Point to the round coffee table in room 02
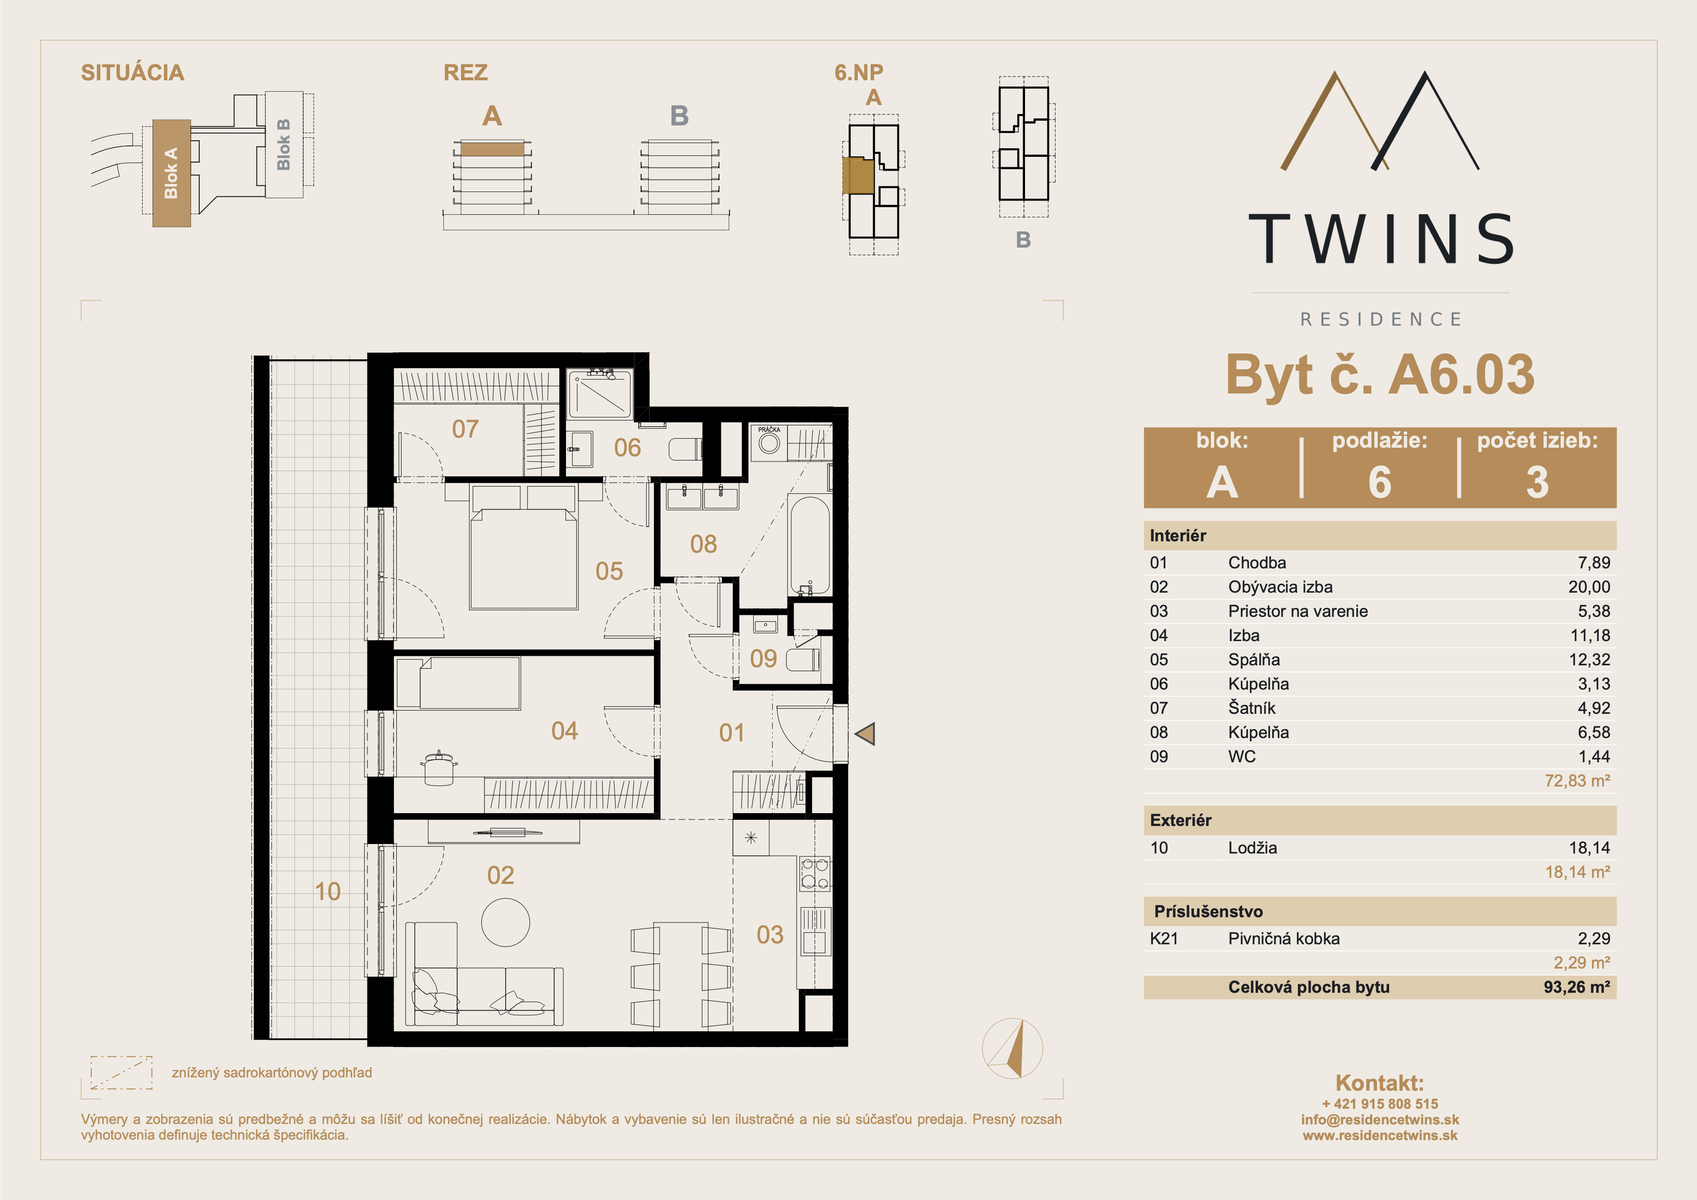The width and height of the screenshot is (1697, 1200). coord(506,922)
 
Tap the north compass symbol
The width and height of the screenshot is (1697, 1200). coord(1013,1048)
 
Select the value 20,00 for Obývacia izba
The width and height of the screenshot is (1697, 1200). coord(1589,587)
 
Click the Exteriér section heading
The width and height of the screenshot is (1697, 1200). coord(1180,820)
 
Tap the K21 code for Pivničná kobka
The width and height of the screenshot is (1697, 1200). coord(1164,939)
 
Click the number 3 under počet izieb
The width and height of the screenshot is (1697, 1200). coord(1537,482)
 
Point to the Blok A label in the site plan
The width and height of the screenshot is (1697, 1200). coord(171,173)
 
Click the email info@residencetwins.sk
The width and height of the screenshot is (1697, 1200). coord(1380,1119)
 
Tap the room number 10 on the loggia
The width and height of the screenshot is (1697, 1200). coord(327,892)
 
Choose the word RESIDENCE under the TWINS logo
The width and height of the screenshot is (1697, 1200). coord(1381,319)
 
